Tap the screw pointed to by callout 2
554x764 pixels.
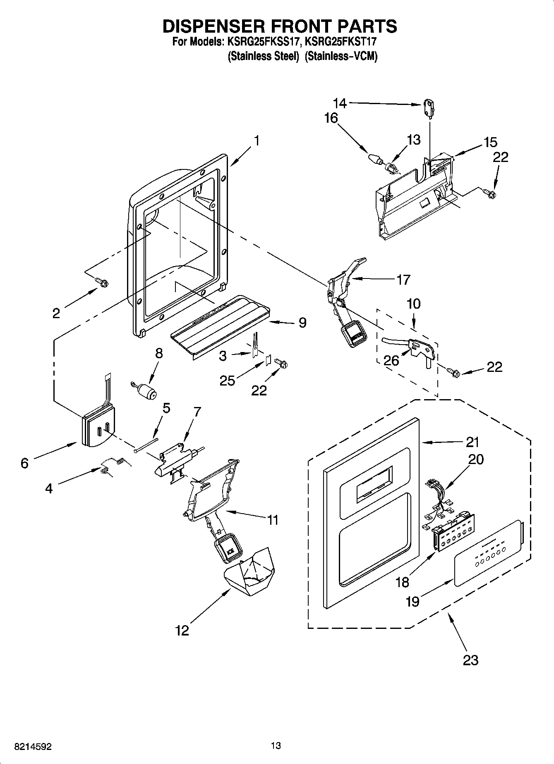(102, 282)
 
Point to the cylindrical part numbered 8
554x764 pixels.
(146, 390)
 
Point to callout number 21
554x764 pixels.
(472, 442)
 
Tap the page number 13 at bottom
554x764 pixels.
(276, 745)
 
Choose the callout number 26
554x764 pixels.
(391, 360)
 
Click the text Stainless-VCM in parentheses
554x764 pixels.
(341, 56)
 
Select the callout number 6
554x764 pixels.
(24, 463)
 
